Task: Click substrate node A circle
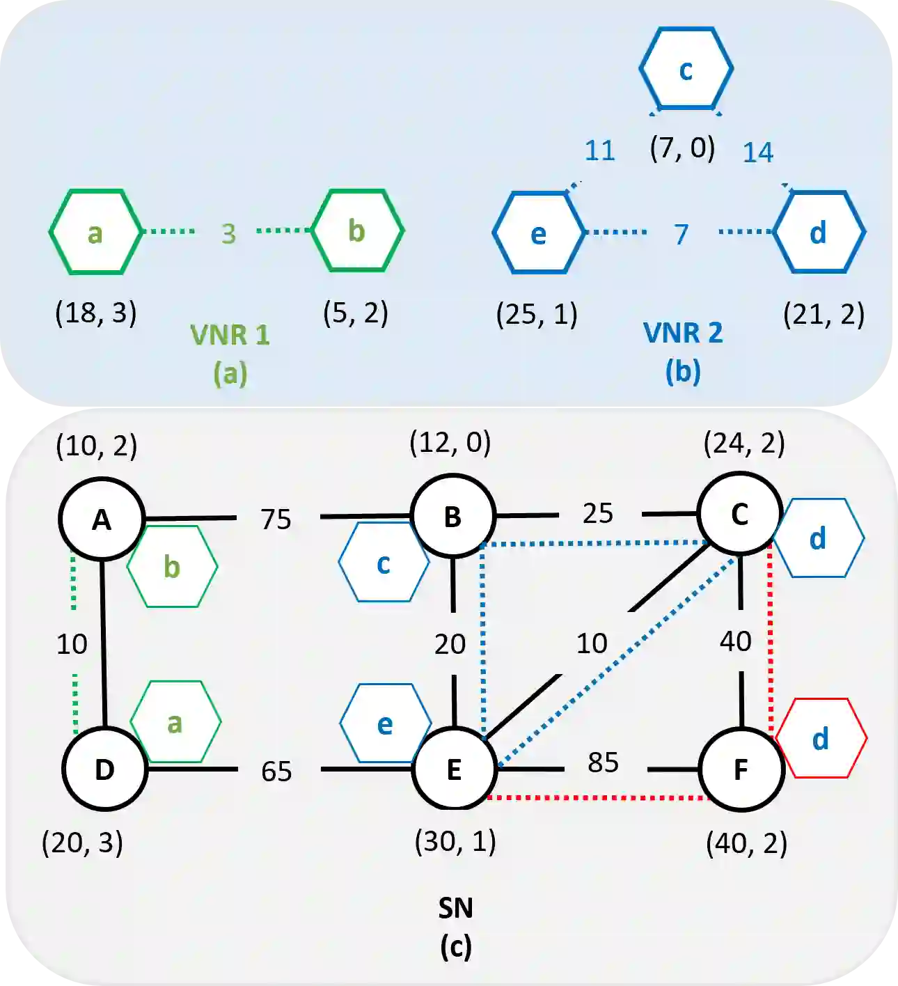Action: (x=102, y=519)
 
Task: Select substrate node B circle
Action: (x=452, y=517)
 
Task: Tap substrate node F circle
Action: (x=741, y=769)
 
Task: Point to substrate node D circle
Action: (x=104, y=769)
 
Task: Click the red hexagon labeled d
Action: (x=821, y=738)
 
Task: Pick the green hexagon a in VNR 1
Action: (x=95, y=232)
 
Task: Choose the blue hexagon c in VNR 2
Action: (x=686, y=68)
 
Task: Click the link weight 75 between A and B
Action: (x=276, y=519)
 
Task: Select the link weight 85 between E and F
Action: (x=603, y=762)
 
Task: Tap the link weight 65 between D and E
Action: (x=276, y=772)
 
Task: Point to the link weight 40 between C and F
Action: (x=736, y=641)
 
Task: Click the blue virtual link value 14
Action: (x=757, y=152)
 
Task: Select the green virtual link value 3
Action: (x=228, y=234)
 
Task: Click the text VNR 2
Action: (x=683, y=333)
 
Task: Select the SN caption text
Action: (x=456, y=908)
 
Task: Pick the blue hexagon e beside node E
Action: (x=385, y=724)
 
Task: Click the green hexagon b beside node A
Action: (x=172, y=567)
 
